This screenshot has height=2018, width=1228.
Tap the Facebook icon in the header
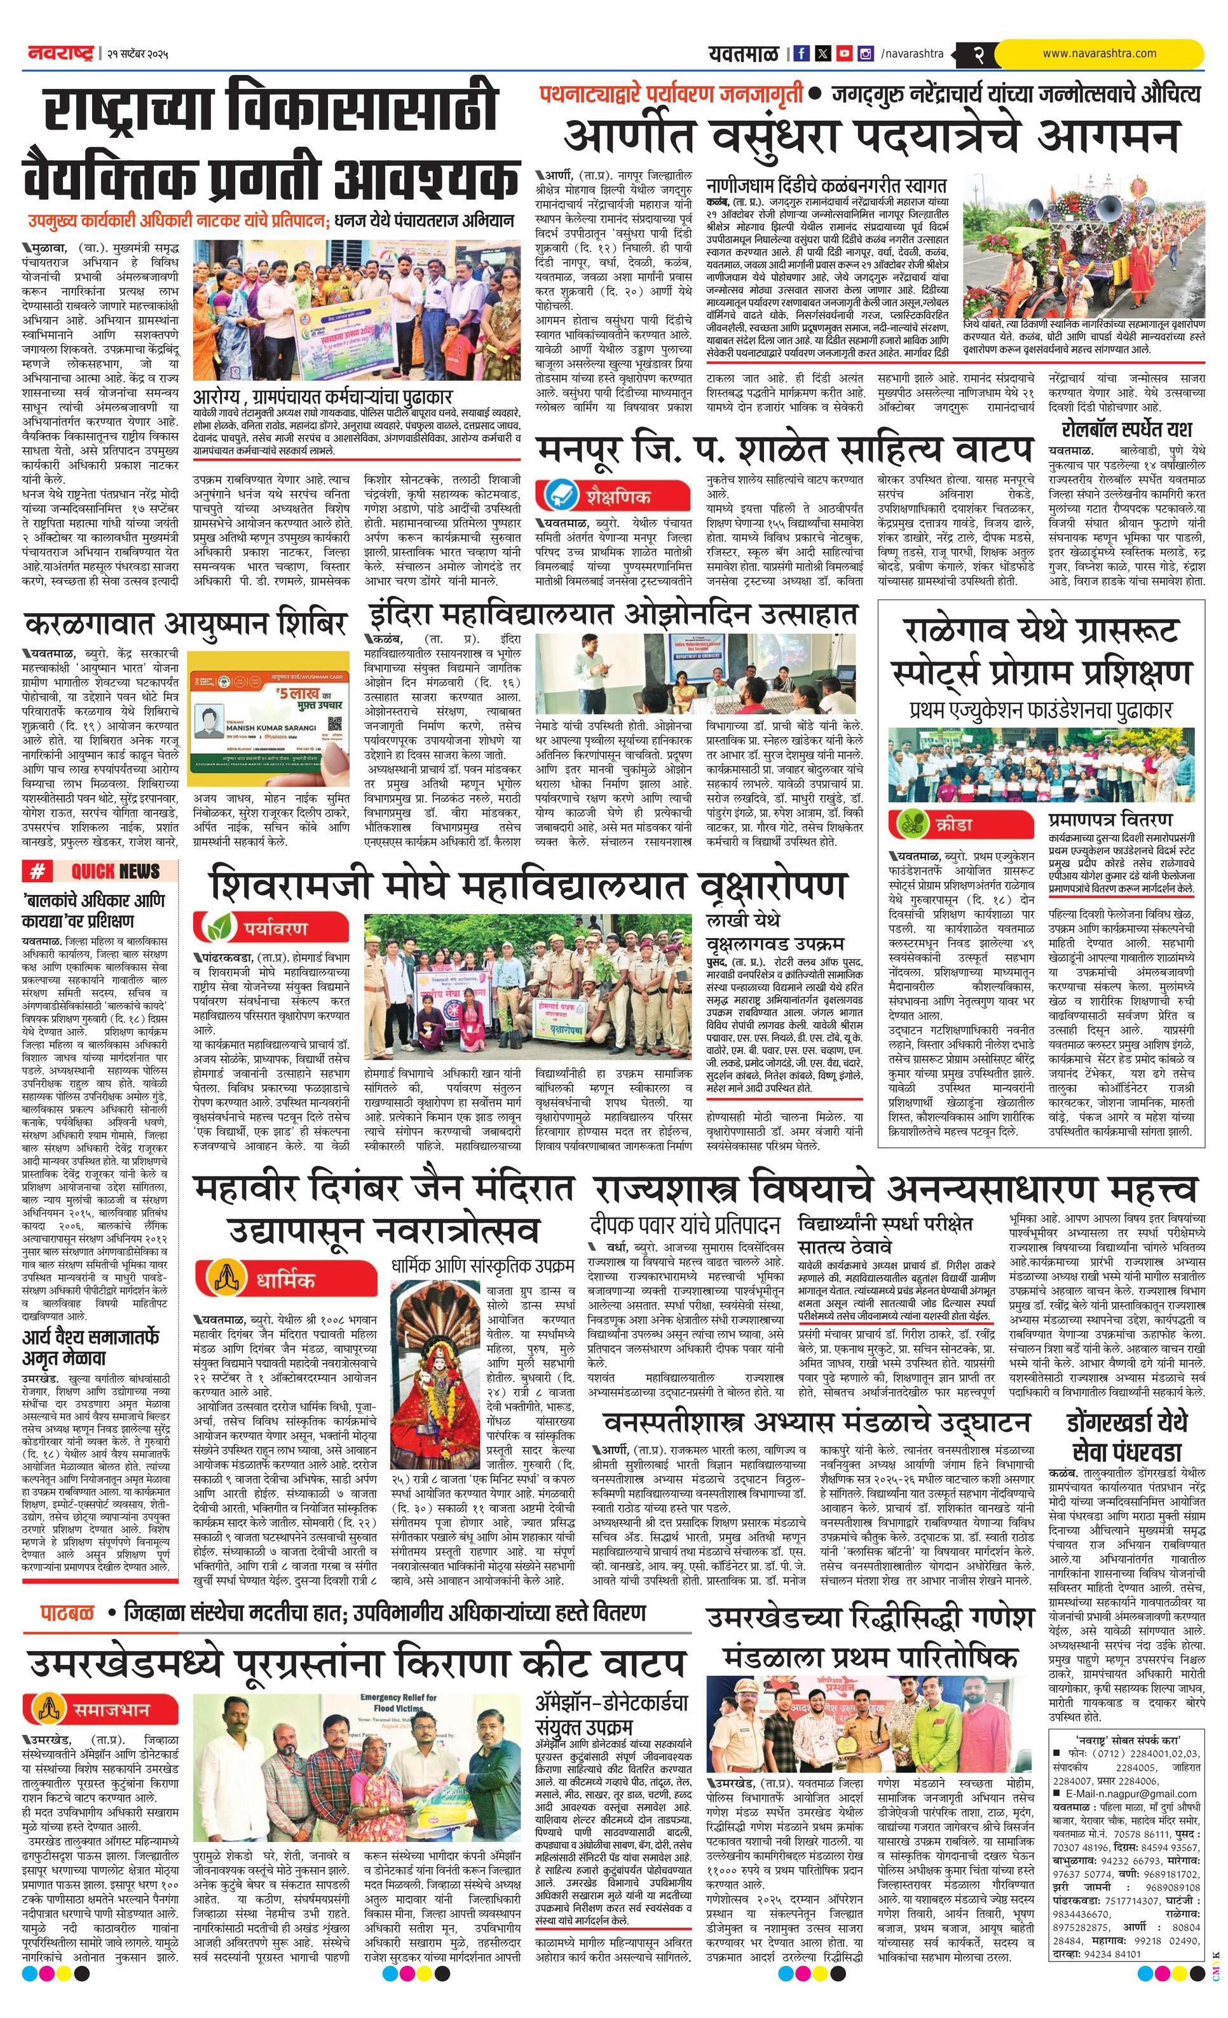(x=802, y=54)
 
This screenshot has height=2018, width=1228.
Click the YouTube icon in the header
(x=844, y=54)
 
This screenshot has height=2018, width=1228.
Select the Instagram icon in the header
(x=865, y=54)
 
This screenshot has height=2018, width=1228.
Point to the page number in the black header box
(x=978, y=55)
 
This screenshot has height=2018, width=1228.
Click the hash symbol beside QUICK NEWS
(x=38, y=871)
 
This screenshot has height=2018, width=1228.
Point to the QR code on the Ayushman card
(x=334, y=723)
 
